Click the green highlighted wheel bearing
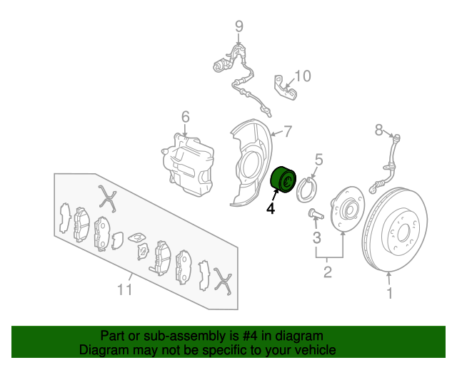coord(283,180)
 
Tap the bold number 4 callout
coord(271,208)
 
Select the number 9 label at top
coord(239,26)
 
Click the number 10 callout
coord(303,76)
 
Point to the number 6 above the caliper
coord(186,117)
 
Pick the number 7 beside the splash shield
coord(288,132)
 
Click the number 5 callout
coord(319,160)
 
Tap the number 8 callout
coord(378,130)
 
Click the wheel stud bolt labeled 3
coord(316,214)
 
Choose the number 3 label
coord(316,237)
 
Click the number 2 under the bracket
coord(328,272)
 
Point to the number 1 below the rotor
coord(390,293)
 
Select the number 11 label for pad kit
coord(125,289)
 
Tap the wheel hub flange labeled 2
coord(347,209)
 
